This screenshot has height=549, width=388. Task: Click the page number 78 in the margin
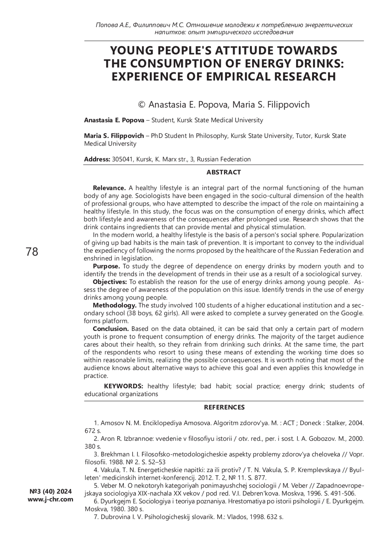[32, 252]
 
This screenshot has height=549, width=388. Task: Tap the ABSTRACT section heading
[223, 172]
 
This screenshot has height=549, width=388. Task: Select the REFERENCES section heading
[224, 407]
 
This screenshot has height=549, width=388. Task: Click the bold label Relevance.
[109, 188]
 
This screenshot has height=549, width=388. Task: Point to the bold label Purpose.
[106, 266]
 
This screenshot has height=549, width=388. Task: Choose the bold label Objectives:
[110, 282]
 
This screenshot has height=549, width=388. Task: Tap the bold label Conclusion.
[111, 329]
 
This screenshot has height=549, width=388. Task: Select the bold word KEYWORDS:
[124, 386]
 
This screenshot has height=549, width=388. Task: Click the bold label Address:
[97, 159]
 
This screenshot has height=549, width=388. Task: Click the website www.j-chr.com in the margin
[50, 499]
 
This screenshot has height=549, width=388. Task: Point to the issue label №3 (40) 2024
[50, 491]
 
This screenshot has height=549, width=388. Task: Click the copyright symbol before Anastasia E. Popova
[141, 105]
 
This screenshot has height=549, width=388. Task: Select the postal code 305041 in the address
[122, 159]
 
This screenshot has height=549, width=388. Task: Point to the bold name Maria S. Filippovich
[114, 136]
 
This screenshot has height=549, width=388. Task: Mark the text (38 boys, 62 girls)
[153, 313]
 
